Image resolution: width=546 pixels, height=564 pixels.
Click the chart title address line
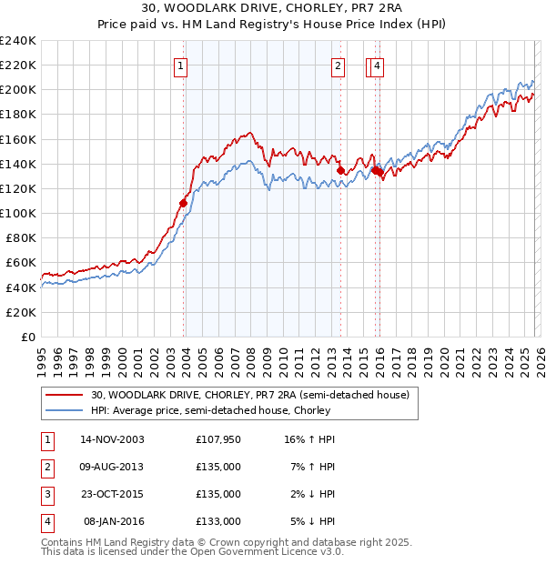point(273,9)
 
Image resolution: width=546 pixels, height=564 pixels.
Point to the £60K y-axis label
point(21,263)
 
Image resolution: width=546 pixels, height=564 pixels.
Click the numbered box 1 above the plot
point(180,65)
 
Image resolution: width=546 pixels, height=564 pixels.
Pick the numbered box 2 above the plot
point(338,65)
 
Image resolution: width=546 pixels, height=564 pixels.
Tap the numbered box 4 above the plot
point(377,65)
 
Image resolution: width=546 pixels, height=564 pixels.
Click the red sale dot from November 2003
point(183,204)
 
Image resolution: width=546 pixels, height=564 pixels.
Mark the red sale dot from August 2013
point(340,170)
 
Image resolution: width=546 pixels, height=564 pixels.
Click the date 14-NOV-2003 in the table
point(112,439)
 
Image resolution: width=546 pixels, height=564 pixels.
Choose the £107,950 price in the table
point(218,439)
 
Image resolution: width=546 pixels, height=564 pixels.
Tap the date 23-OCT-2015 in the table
point(112,494)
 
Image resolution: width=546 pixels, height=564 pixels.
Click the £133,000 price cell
point(218,521)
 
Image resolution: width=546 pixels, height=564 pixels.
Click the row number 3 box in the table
point(45,494)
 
